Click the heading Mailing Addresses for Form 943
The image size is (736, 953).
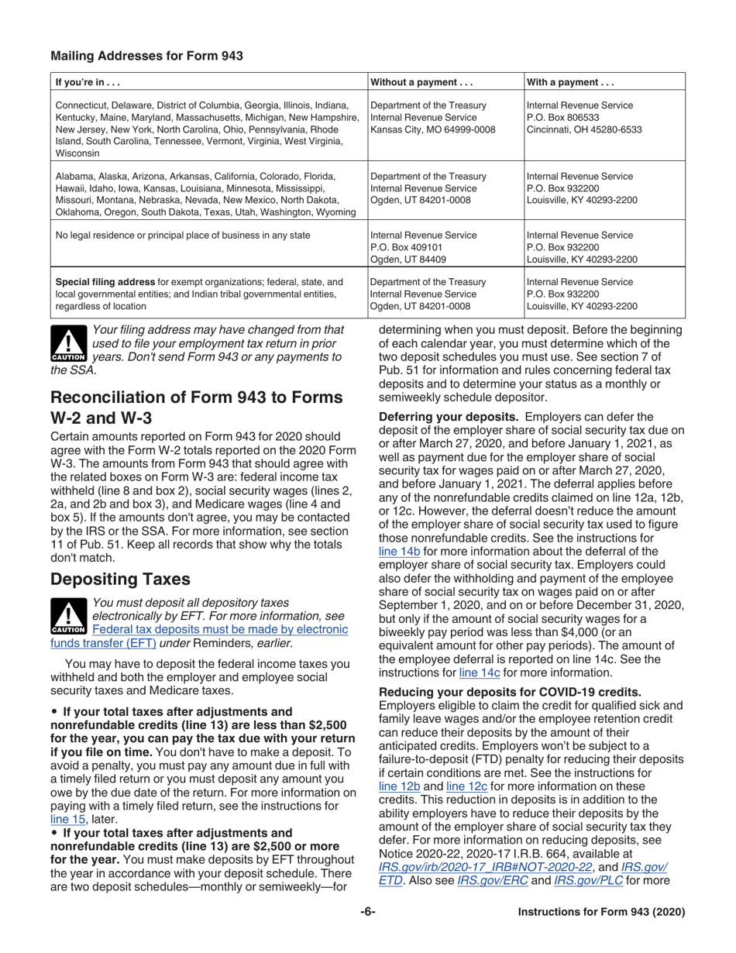tap(146, 56)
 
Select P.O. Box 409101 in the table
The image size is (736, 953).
tap(407, 247)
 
